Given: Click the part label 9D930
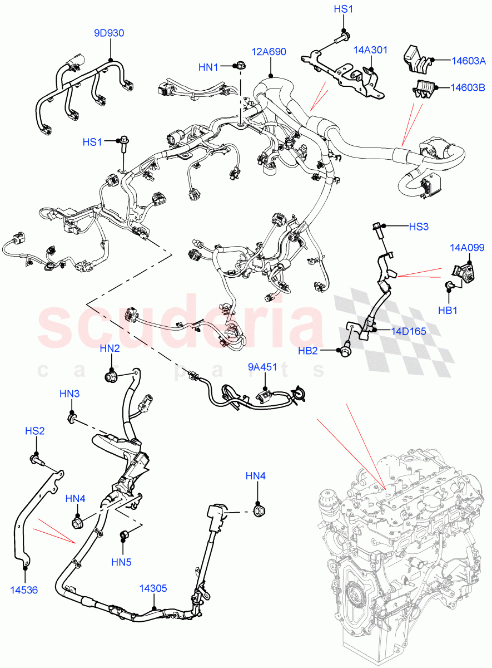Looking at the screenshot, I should click(109, 33).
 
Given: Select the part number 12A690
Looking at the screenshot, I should click(269, 52).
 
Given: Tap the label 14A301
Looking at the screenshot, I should click(371, 50).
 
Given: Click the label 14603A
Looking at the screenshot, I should click(468, 61).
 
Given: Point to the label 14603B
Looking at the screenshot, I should click(468, 87).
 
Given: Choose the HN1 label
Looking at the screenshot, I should click(208, 67).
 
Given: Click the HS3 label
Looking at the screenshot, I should click(419, 227).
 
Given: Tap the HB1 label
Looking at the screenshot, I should click(448, 310).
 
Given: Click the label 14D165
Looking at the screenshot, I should click(408, 331).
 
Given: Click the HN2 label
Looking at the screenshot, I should click(110, 348).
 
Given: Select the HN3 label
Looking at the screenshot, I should click(69, 394).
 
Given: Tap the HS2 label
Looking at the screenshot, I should click(34, 431).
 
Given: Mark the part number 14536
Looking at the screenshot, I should click(24, 590).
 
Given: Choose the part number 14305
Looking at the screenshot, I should click(153, 588).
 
